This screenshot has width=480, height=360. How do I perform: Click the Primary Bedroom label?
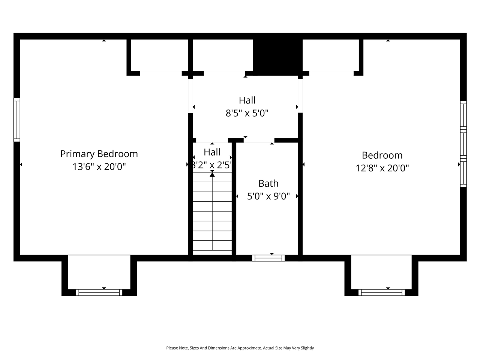[x=99, y=154]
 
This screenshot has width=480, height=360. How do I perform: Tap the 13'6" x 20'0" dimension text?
[x=99, y=166]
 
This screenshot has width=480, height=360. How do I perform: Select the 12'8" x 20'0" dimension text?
[x=382, y=168]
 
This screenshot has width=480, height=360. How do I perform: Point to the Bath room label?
[x=268, y=183]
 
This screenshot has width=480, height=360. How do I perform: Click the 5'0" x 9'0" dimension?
[x=268, y=196]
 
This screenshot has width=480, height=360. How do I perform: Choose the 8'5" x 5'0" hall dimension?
[x=247, y=113]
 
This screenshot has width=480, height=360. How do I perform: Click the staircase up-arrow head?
[x=212, y=174]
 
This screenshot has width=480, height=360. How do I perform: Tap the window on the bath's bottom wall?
[x=268, y=258]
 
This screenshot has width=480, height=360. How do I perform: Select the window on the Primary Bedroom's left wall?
[x=17, y=120]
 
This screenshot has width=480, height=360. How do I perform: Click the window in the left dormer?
[x=99, y=292]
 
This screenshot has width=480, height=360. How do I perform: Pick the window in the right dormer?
[x=382, y=292]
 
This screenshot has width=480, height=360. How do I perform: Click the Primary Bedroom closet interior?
[x=159, y=55]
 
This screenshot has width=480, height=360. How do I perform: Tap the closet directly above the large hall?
[x=223, y=55]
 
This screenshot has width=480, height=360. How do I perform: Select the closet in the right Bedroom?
[x=331, y=55]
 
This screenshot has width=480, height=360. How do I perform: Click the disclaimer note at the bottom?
[x=240, y=348]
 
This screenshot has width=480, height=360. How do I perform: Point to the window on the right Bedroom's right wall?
[x=463, y=144]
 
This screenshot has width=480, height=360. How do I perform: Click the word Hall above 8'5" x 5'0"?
[x=247, y=100]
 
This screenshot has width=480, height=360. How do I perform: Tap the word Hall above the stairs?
[x=212, y=152]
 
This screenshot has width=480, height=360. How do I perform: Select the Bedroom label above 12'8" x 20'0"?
[x=382, y=155]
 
